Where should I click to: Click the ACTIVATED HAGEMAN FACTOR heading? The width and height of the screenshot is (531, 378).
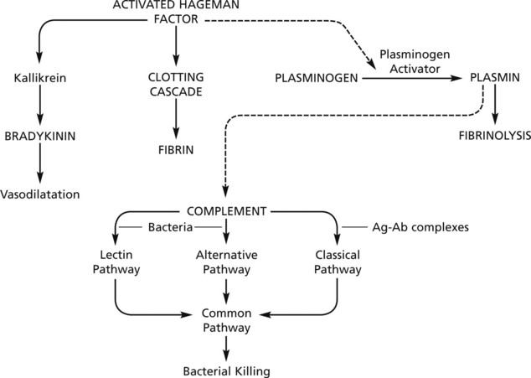pyautogui.click(x=175, y=12)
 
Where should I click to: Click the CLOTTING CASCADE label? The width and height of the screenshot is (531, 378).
pyautogui.click(x=175, y=85)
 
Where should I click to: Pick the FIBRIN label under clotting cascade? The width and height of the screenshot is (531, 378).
pyautogui.click(x=175, y=152)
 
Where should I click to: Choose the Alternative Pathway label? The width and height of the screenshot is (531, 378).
pyautogui.click(x=225, y=261)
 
